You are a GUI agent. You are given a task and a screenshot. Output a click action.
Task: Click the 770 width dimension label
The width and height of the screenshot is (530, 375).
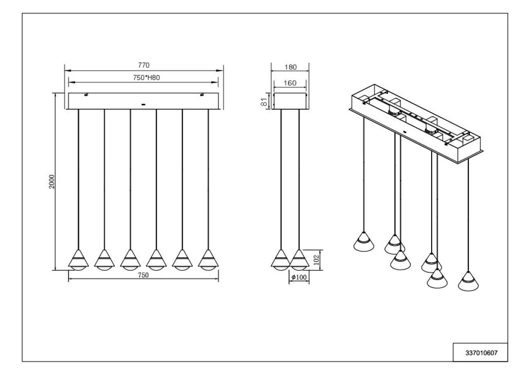click(144, 65)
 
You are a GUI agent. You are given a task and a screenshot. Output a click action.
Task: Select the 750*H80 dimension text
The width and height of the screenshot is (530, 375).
click(146, 78)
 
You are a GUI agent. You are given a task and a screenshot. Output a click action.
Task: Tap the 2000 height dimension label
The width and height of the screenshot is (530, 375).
click(52, 182)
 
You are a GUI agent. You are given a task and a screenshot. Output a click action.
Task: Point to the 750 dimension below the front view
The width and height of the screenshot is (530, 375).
click(143, 275)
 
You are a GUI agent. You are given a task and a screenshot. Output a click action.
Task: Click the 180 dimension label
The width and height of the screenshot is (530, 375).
click(290, 67)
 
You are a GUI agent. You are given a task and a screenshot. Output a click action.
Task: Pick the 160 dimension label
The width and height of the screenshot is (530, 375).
click(290, 83)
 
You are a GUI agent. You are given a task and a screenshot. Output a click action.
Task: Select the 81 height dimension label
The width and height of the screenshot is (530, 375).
click(264, 102)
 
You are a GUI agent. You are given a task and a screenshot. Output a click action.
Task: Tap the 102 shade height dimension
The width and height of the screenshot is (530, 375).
click(316, 260)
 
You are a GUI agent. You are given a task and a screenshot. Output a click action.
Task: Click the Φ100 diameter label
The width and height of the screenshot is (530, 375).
click(299, 277)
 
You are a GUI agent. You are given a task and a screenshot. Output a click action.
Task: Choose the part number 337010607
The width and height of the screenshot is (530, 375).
click(482, 353)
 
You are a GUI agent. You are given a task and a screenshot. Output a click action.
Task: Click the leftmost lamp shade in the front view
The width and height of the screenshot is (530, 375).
click(78, 260)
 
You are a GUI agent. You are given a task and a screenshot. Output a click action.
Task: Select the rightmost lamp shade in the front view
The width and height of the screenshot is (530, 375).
click(208, 260)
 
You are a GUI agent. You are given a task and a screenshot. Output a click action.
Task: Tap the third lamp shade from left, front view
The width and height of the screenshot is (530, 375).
click(130, 260)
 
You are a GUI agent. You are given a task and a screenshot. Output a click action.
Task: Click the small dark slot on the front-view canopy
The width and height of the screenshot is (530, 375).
click(143, 104)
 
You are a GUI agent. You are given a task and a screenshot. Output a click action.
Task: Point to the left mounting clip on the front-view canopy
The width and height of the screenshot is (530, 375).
click(86, 94)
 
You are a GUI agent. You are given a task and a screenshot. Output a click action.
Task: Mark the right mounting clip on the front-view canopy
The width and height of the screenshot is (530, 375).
click(202, 94)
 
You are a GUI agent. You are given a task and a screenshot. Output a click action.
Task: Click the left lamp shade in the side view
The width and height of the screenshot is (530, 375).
click(281, 260)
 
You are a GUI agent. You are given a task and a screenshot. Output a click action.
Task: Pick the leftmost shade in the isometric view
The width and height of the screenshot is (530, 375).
click(364, 242)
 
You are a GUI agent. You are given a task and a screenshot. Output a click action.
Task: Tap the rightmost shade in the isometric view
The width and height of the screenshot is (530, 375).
click(468, 281)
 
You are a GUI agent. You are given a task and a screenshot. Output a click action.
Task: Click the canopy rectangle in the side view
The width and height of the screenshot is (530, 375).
click(290, 101)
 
